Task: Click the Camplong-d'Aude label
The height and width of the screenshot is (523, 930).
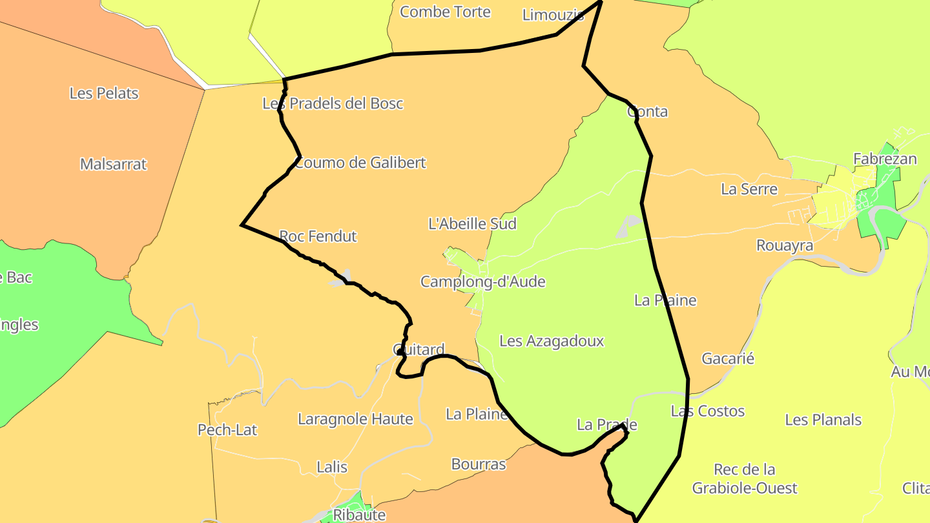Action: [x=483, y=282]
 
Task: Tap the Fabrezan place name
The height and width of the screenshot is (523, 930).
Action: [x=885, y=159]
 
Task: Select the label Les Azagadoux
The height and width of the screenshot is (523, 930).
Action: [x=552, y=341]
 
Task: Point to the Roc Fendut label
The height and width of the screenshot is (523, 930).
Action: [x=318, y=236]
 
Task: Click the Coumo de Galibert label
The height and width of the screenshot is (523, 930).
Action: [x=360, y=163]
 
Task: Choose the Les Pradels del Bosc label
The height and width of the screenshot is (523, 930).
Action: [x=333, y=103]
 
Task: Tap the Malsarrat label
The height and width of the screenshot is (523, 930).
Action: [x=114, y=164]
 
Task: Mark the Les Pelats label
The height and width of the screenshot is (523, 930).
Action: [x=104, y=93]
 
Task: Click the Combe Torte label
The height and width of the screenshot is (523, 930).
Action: [x=446, y=12]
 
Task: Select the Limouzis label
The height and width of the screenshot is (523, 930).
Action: [x=553, y=15]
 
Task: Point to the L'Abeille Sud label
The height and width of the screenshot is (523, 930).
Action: [x=473, y=223]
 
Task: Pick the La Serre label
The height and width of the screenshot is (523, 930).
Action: [x=749, y=189]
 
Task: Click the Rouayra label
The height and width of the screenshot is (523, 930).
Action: [x=785, y=246]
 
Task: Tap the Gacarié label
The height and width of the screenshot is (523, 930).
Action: [x=728, y=358]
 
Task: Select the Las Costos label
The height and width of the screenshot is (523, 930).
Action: [x=708, y=411]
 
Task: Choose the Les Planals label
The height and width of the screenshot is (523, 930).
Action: [x=823, y=420]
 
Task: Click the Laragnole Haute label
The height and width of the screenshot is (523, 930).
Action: [x=355, y=419]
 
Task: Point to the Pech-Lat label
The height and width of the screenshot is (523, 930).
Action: [x=227, y=429]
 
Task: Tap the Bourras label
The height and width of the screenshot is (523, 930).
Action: [x=479, y=464]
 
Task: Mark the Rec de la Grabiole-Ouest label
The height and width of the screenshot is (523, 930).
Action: [x=745, y=478]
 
